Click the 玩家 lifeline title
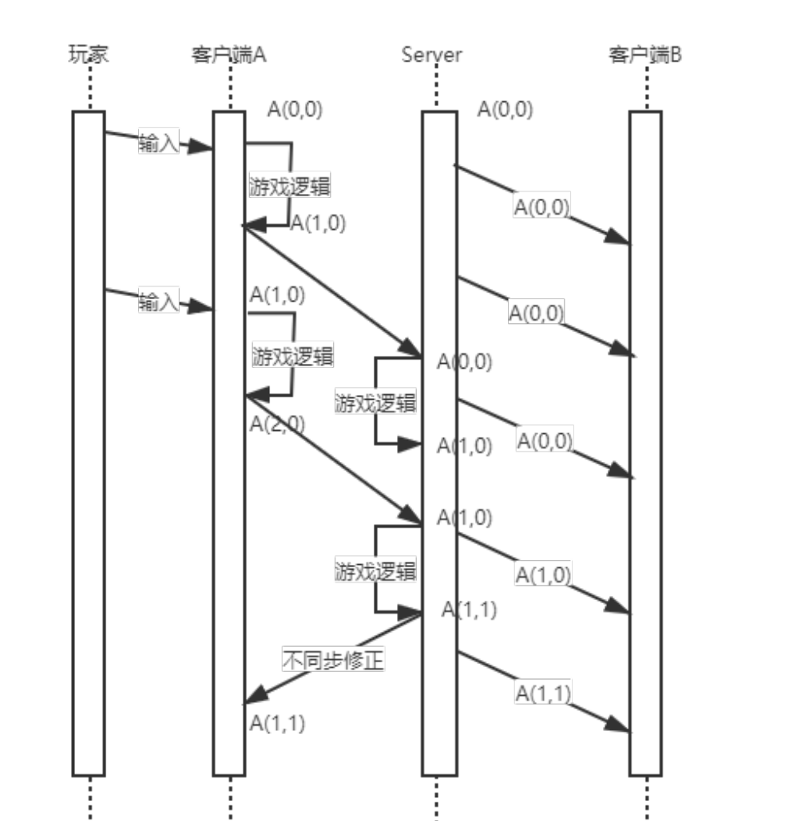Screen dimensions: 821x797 pyautogui.click(x=89, y=55)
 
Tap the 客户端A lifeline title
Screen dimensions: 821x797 pyautogui.click(x=228, y=55)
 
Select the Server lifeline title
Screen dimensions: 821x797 pyautogui.click(x=432, y=55)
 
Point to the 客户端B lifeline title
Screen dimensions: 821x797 pyautogui.click(x=645, y=55)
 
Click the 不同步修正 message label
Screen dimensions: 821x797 pyautogui.click(x=334, y=661)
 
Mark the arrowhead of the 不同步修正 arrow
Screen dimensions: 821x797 pyautogui.click(x=250, y=700)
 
